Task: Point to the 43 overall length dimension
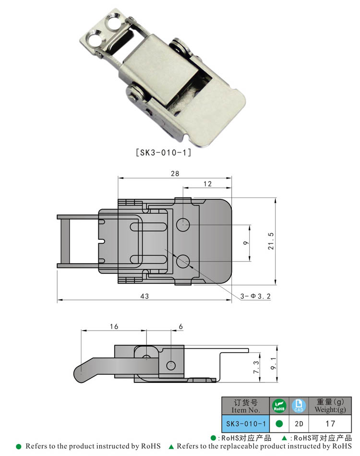(x=144, y=296)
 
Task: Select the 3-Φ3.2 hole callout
(x=256, y=297)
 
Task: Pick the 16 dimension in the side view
(x=114, y=326)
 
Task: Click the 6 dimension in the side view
(x=180, y=326)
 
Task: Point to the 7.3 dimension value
(x=256, y=368)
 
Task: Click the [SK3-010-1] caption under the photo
(x=164, y=153)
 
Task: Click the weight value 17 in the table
(x=330, y=424)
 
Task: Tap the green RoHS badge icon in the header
(x=279, y=406)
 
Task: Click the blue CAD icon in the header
(x=298, y=406)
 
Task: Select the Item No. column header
(x=245, y=407)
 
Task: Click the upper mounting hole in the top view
(x=183, y=224)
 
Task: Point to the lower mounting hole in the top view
(x=183, y=261)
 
